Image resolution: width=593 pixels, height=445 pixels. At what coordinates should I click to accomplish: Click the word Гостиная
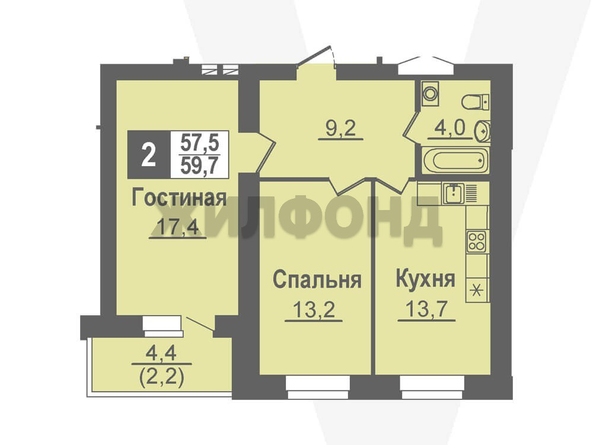(x=179, y=198)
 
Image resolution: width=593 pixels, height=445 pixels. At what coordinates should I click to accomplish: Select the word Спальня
(x=317, y=280)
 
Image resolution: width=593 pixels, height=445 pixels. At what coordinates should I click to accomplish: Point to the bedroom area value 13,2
(x=314, y=310)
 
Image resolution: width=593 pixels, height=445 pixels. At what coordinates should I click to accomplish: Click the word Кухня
(x=425, y=279)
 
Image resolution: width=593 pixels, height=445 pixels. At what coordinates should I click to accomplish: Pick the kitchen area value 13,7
(x=426, y=310)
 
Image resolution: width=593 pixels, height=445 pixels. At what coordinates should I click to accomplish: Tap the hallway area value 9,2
(x=341, y=129)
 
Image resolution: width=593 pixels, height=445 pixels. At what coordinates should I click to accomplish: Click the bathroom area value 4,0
(x=449, y=128)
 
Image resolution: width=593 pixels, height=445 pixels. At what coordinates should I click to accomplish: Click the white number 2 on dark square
(x=149, y=154)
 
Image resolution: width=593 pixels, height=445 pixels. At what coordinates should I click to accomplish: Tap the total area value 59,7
(x=200, y=166)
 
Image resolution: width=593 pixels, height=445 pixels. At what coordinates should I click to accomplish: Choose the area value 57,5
(x=200, y=143)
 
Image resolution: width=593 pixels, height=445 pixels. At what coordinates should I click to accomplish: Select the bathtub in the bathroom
(x=456, y=160)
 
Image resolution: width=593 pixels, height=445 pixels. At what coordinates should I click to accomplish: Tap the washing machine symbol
(x=431, y=94)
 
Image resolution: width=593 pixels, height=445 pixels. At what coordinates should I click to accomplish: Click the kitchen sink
(x=454, y=193)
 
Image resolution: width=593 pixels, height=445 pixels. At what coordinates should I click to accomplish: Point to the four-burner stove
(x=477, y=242)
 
